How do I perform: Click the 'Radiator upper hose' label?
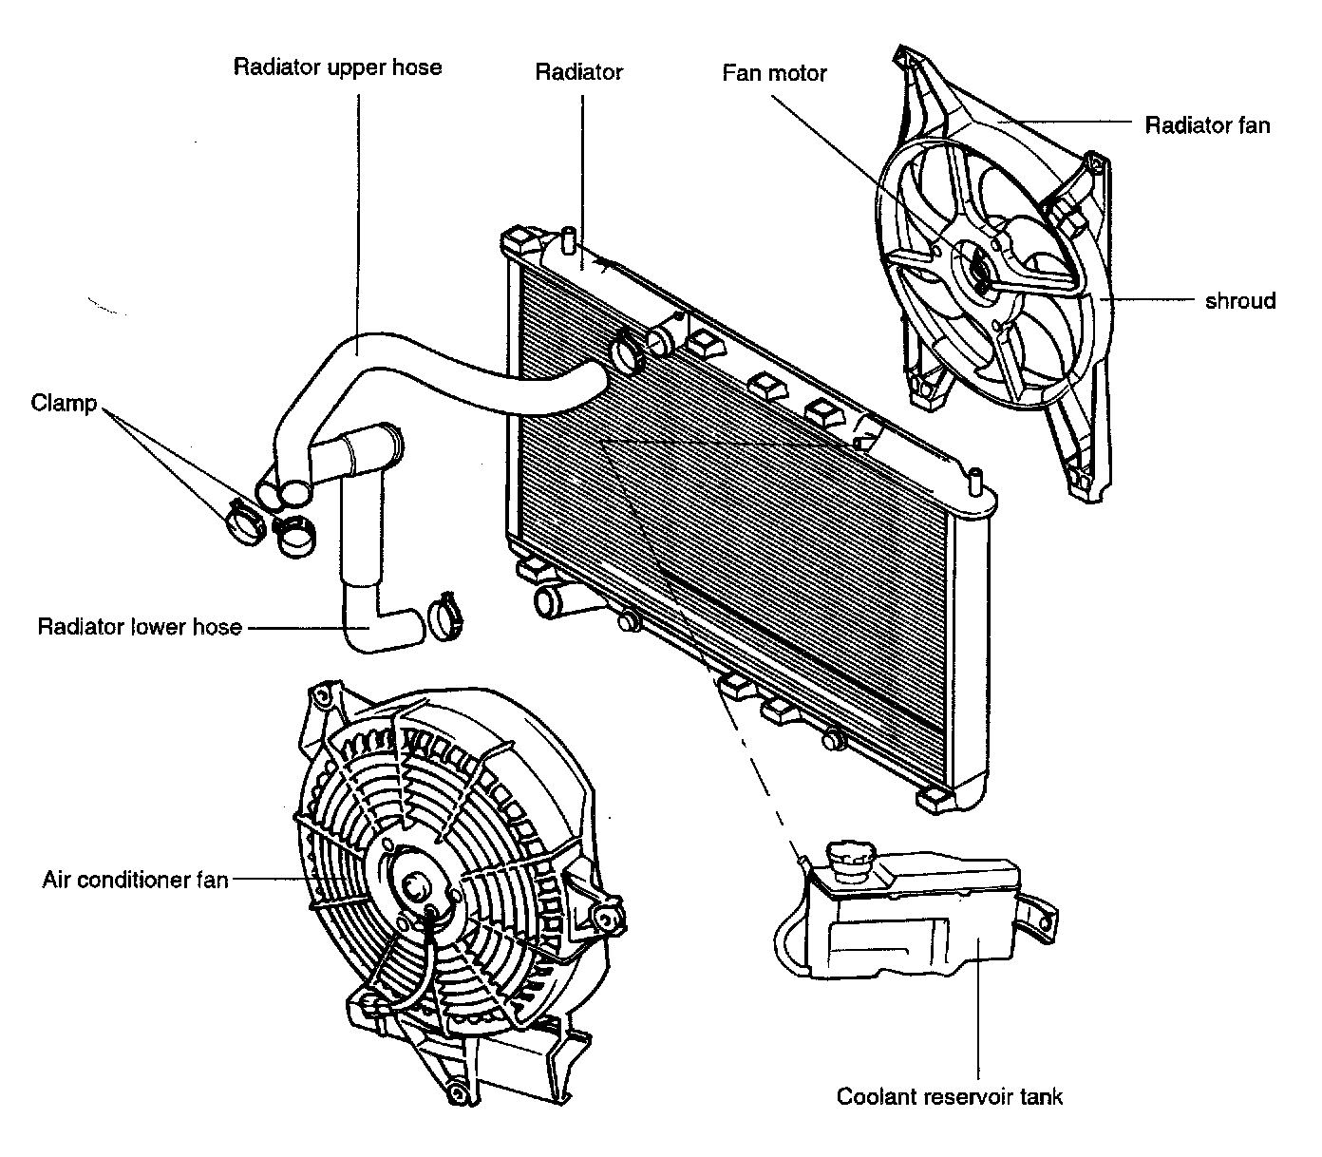337,67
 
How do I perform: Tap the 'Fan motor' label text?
774,72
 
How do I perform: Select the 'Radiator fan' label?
1207,124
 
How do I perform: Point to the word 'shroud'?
1240,300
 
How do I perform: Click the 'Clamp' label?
64,403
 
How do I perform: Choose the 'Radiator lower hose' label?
140,626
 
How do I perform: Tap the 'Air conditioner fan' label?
135,880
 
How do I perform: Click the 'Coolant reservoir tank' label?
949,1096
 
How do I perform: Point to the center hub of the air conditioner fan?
415,885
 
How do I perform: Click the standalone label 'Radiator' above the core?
578,72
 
